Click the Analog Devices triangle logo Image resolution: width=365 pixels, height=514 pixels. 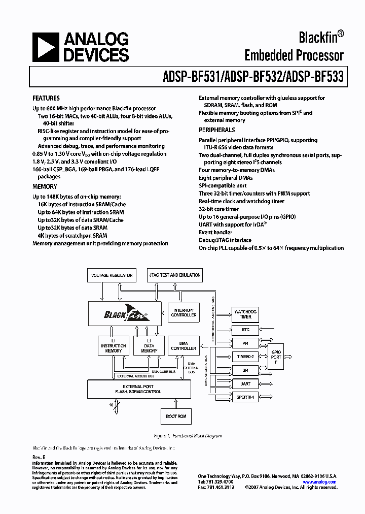pyautogui.click(x=44, y=48)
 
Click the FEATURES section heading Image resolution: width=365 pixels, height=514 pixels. pyautogui.click(x=46, y=98)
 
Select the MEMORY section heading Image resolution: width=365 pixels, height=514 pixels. pyautogui.click(x=45, y=186)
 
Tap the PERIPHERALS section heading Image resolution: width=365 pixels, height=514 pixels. pyautogui.click(x=217, y=131)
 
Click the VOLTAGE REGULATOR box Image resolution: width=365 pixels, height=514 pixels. pyautogui.click(x=112, y=275)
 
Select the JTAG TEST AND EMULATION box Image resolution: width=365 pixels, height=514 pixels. pyautogui.click(x=175, y=275)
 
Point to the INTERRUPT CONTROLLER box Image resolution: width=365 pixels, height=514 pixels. pyautogui.click(x=184, y=312)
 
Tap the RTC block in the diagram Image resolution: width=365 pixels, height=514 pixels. pyautogui.click(x=245, y=330)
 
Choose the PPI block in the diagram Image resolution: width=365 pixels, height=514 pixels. pyautogui.click(x=245, y=343)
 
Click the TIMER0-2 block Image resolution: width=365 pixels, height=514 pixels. pyautogui.click(x=245, y=357)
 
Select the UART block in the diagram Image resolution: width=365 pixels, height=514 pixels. pyautogui.click(x=245, y=383)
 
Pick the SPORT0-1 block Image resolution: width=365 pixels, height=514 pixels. pyautogui.click(x=245, y=397)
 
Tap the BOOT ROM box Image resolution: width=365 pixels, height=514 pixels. pyautogui.click(x=176, y=416)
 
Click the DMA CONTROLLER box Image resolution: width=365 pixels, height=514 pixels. pyautogui.click(x=184, y=345)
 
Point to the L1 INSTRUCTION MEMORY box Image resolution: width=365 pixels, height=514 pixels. pyautogui.click(x=113, y=345)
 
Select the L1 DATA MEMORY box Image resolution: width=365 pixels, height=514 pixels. pyautogui.click(x=149, y=345)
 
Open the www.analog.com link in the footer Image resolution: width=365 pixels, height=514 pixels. pyautogui.click(x=320, y=482)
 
